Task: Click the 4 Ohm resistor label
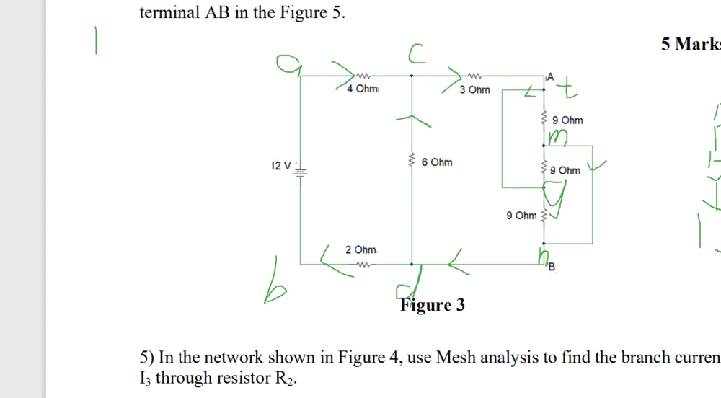361,89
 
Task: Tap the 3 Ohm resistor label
474,90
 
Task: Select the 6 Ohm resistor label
437,162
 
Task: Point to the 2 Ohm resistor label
361,249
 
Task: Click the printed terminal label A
552,76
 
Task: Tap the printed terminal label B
553,269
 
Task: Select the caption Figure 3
433,305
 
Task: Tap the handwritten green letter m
558,136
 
